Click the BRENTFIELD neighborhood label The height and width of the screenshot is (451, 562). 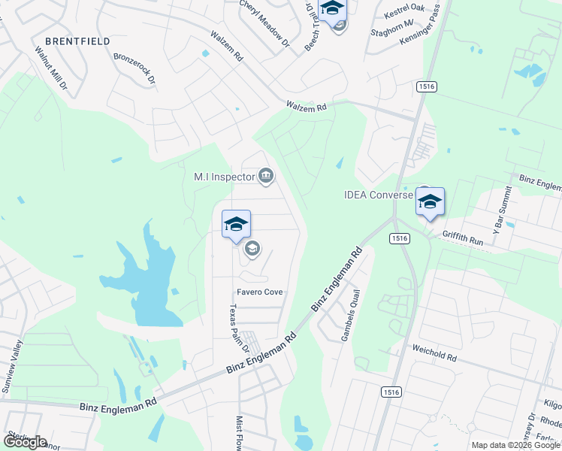(77, 41)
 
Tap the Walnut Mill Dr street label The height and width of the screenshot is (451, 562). (51, 68)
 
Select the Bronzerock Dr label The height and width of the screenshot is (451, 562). (134, 68)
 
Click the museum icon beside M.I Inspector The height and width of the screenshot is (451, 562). (265, 177)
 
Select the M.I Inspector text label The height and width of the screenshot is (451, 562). (224, 177)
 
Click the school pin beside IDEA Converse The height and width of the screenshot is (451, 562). (430, 202)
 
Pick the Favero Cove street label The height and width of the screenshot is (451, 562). (259, 292)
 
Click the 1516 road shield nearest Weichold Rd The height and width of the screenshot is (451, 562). (391, 392)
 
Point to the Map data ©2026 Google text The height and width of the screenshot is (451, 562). (515, 445)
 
